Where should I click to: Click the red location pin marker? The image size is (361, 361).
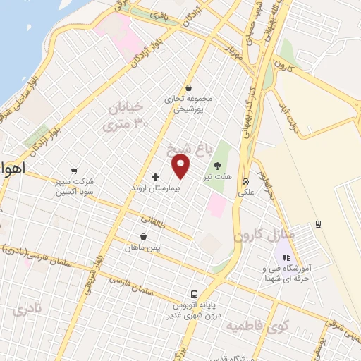pos(182,166)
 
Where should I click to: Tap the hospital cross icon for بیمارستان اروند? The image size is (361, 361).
pos(155,176)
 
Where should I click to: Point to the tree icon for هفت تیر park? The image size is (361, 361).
pos(215,164)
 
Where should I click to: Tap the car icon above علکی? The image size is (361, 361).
pos(245,179)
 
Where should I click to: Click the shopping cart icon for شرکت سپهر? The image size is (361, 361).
pos(73,170)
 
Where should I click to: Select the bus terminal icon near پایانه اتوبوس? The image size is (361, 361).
pos(192,294)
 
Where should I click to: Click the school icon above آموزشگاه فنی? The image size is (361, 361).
pos(286,257)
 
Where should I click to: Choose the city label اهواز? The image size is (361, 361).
pos(10,170)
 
